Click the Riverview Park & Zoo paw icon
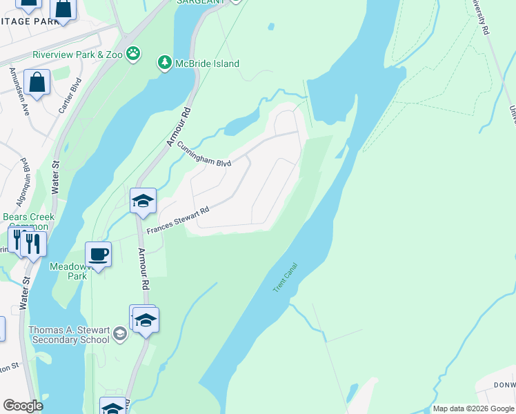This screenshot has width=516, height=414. tap(133, 54)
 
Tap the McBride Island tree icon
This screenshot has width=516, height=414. tap(165, 63)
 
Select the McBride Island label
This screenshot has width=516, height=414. tap(206, 64)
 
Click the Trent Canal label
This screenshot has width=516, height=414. tap(284, 277)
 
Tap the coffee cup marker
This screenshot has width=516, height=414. tap(98, 253)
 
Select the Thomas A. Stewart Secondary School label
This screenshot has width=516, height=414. tap(69, 335)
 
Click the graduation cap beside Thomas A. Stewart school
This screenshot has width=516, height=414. tap(120, 334)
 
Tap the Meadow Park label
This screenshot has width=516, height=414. tap(68, 270)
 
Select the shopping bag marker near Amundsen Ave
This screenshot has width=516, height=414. tap(37, 82)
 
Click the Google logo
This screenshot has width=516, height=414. tap(23, 406)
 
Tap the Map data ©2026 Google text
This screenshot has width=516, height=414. tap(473, 408)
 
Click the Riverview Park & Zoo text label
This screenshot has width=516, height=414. tap(77, 55)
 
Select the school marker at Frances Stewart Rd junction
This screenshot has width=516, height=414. tap(143, 201)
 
